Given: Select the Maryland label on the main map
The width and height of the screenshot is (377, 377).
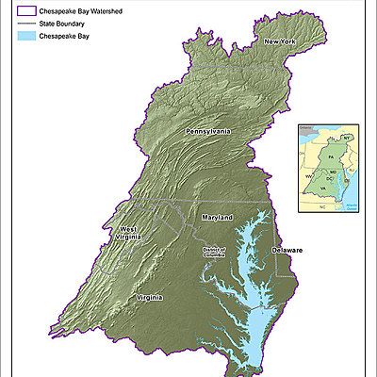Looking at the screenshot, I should pos(218,218).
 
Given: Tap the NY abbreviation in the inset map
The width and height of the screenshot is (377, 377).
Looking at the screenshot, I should pos(346,139).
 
